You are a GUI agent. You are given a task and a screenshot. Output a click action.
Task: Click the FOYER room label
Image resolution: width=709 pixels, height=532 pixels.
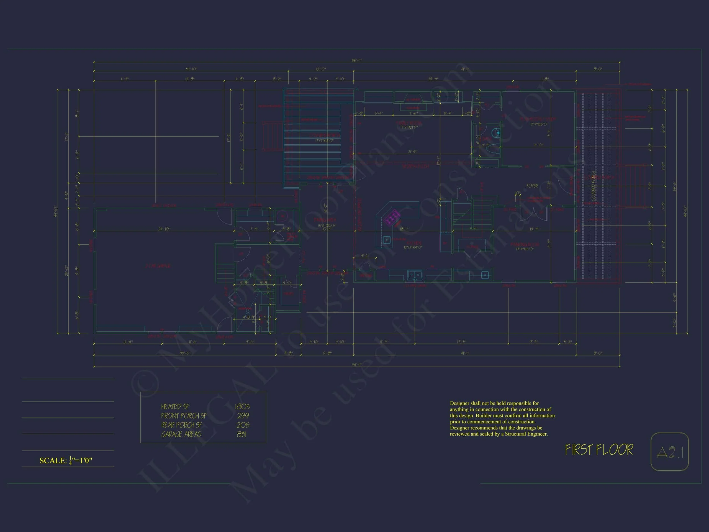(532, 186)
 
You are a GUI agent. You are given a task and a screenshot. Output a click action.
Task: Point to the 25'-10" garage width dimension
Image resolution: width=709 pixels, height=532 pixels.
(164, 229)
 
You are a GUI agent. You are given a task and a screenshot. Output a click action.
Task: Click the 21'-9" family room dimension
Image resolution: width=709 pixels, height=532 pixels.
(412, 152)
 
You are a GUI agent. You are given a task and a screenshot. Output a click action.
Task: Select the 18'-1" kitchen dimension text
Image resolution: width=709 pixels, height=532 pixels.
(404, 229)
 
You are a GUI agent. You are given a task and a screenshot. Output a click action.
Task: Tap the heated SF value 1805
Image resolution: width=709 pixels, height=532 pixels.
(242, 406)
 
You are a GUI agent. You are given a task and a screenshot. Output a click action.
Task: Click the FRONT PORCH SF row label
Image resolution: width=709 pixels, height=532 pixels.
(184, 416)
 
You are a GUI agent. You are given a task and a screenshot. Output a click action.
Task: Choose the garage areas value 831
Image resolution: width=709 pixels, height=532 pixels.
(242, 434)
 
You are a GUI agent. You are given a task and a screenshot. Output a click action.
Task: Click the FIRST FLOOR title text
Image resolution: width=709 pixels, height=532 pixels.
(599, 450)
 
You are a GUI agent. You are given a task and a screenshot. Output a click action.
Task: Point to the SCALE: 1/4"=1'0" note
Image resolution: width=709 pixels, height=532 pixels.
(66, 461)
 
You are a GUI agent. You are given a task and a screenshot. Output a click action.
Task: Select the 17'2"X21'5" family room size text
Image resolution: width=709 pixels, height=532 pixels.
(409, 127)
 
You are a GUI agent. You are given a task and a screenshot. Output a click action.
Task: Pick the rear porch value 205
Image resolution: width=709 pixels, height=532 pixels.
(243, 425)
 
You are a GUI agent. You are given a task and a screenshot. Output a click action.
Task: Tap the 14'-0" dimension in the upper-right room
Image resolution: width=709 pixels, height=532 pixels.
(538, 145)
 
